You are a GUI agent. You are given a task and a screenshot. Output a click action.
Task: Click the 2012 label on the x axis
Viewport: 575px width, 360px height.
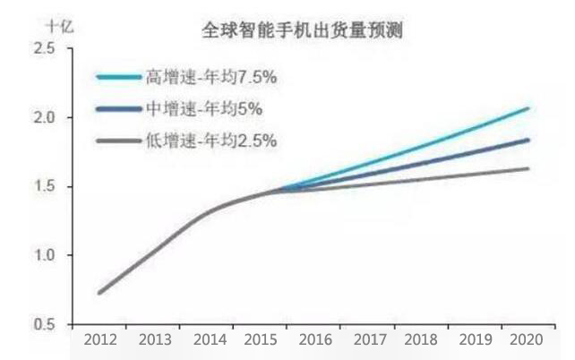click(99, 341)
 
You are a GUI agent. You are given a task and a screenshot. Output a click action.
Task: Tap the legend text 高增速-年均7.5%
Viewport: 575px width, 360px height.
click(210, 78)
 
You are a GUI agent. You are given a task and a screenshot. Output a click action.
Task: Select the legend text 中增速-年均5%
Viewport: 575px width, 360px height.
click(203, 109)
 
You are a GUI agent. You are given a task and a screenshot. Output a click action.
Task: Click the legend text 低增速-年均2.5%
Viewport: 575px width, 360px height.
click(210, 141)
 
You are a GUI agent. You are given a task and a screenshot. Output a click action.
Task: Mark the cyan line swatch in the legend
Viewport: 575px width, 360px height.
click(119, 78)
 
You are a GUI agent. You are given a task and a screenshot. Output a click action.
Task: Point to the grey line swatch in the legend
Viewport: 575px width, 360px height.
click(119, 141)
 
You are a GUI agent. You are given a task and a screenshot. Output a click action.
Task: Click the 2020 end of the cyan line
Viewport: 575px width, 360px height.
click(528, 108)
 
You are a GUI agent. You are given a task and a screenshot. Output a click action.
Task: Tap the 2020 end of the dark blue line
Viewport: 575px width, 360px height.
click(528, 140)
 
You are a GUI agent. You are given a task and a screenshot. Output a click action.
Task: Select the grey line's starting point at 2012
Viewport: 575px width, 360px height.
click(99, 292)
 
